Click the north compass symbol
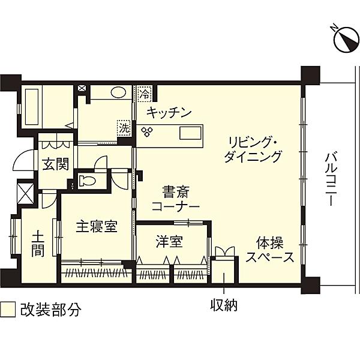(x=346, y=38)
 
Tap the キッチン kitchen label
(x=169, y=113)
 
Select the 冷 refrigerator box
(x=145, y=94)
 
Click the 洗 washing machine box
(x=124, y=128)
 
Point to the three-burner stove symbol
(x=147, y=132)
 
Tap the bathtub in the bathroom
(x=31, y=107)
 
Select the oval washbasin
(x=118, y=92)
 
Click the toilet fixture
(x=86, y=180)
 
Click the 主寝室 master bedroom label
(x=97, y=226)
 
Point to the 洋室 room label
(x=169, y=242)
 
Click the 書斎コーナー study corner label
(x=175, y=199)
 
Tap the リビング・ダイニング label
(x=253, y=149)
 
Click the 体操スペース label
(x=270, y=250)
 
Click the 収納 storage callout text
(x=224, y=305)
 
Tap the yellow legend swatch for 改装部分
(x=8, y=309)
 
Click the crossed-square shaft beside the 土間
(x=25, y=193)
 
